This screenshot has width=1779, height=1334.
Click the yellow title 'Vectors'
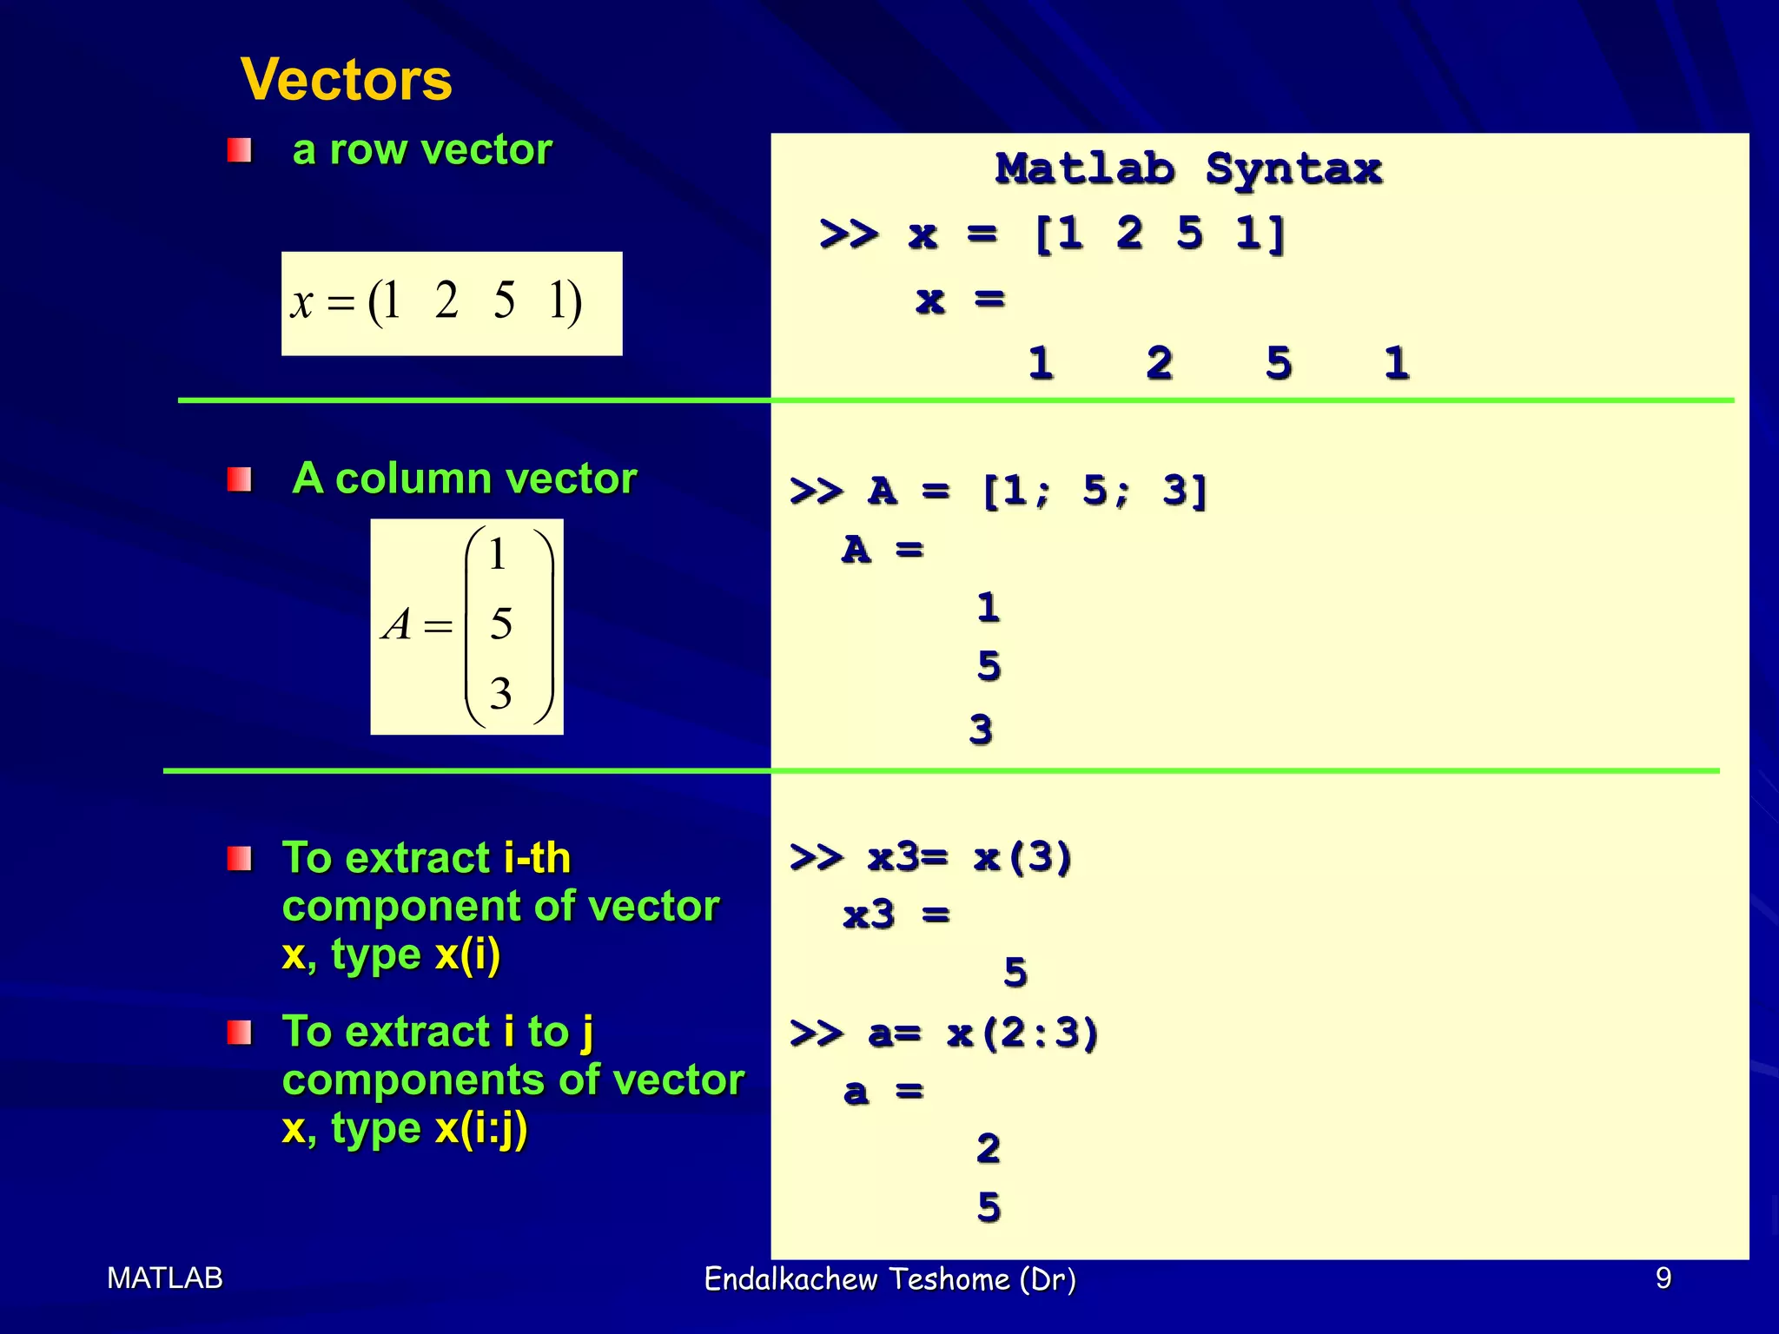click(x=346, y=80)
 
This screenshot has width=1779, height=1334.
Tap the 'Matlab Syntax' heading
click(x=1188, y=168)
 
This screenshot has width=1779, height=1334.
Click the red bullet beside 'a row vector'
click(x=239, y=151)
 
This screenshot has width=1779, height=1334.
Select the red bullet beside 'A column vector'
click(x=239, y=479)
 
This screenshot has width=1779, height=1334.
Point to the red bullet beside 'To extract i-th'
click(x=239, y=859)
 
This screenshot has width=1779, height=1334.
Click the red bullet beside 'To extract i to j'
click(x=239, y=1033)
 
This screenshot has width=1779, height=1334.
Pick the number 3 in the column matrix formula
click(x=500, y=693)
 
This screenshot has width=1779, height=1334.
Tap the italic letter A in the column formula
click(x=398, y=624)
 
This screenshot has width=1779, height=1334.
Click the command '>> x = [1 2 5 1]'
click(x=1052, y=234)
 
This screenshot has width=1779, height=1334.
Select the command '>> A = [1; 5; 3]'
click(x=999, y=492)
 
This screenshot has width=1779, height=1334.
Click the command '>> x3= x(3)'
click(x=931, y=858)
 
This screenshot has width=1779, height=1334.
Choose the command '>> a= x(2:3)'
click(x=944, y=1034)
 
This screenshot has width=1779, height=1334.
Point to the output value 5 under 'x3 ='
click(x=1015, y=972)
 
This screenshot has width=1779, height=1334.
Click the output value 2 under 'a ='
click(x=989, y=1149)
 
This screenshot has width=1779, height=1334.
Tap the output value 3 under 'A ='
click(x=981, y=730)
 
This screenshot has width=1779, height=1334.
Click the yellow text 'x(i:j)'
click(x=480, y=1129)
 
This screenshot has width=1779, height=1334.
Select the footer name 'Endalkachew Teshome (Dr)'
click(x=889, y=1279)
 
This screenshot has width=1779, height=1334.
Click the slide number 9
click(x=1663, y=1278)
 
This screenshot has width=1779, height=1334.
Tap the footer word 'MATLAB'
click(x=165, y=1278)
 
